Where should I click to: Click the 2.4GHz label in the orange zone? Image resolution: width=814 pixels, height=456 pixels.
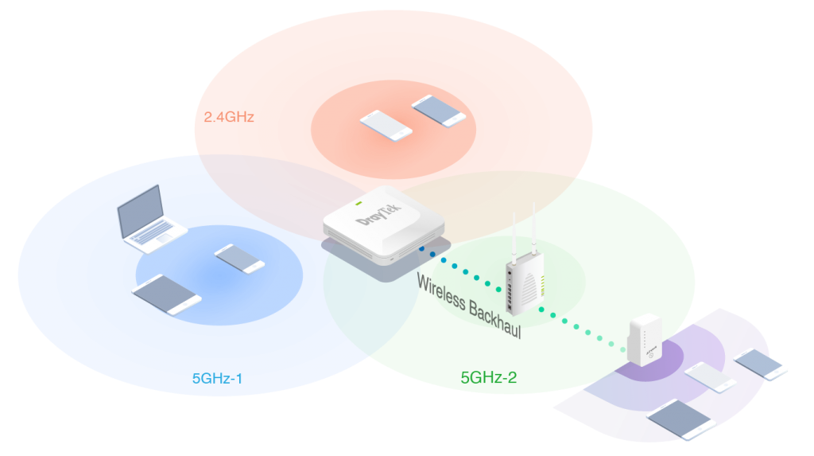[x=229, y=117]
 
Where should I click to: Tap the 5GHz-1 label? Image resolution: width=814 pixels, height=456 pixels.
[x=217, y=377]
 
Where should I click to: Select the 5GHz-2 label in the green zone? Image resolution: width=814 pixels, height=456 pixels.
[x=489, y=377]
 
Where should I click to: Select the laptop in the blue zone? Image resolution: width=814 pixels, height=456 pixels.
[x=149, y=221]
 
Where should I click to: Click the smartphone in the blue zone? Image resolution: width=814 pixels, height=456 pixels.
[x=239, y=259]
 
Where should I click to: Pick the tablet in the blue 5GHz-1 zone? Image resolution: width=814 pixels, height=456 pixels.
[x=166, y=290]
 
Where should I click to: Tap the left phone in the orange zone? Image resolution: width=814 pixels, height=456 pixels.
[x=386, y=125]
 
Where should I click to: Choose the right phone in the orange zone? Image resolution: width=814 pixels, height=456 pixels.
[x=439, y=111]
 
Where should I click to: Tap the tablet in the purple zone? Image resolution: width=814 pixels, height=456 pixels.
[x=681, y=419]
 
